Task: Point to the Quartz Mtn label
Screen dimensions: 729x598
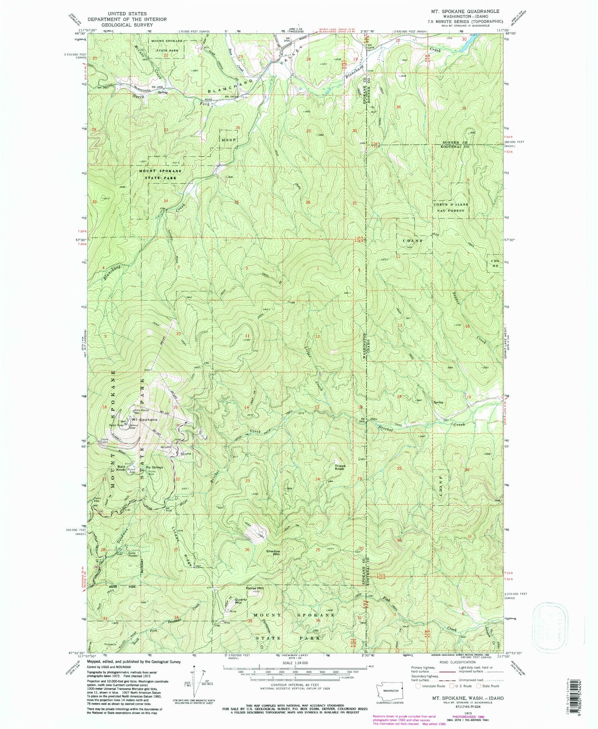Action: click(x=241, y=601)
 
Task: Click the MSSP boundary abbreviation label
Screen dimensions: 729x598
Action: click(x=228, y=140)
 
